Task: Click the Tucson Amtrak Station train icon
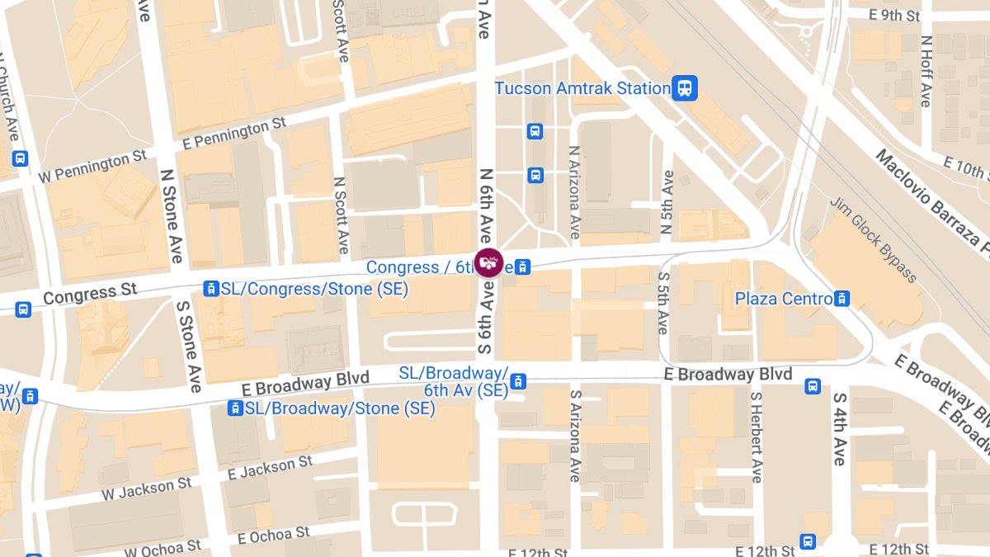point(685,87)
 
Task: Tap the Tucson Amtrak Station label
point(582,88)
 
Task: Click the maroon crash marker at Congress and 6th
point(488,262)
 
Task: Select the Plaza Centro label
point(784,299)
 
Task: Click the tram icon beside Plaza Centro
point(841,299)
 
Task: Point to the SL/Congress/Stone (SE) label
point(314,289)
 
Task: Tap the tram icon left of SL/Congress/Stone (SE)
point(211,289)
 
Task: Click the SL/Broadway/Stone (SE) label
point(340,408)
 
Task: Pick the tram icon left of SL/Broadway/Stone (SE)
point(236,408)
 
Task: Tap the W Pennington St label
point(92,165)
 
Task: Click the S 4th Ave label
point(839,429)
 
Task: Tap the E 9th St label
point(894,15)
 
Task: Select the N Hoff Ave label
point(926,71)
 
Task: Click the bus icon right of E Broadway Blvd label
point(813,385)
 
